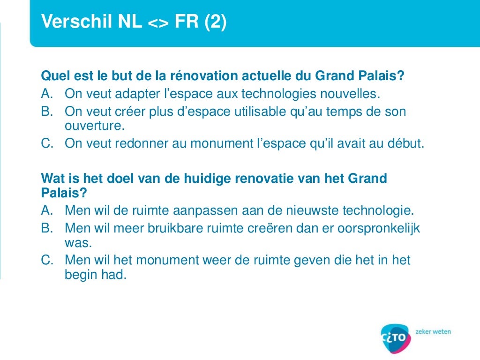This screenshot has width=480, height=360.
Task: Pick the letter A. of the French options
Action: (x=48, y=94)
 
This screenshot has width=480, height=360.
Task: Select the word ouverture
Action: (x=94, y=126)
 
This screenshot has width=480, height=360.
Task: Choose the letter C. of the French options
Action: (x=48, y=143)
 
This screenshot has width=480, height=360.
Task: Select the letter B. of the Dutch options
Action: (x=48, y=228)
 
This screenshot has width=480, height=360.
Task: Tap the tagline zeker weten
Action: (x=433, y=331)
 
